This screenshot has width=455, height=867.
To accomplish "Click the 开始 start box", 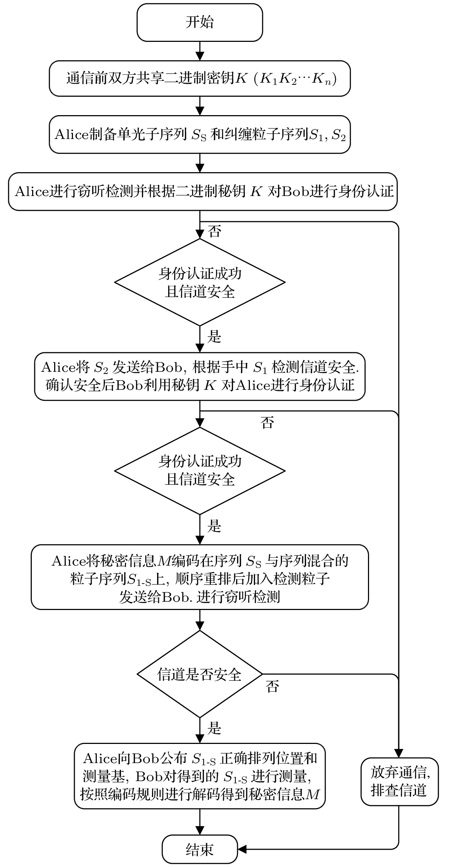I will pos(200,22).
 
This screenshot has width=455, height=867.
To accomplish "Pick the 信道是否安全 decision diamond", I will pos(200,674).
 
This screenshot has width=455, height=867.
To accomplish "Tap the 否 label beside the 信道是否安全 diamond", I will pos(273,686).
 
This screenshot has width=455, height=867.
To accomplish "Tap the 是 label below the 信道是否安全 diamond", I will pos(214,729).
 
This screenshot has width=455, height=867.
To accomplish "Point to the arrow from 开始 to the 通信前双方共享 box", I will pos(200,51).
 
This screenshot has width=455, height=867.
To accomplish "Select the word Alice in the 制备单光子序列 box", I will pos(71,135).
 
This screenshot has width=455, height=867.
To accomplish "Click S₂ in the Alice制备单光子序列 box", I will pos(338,135).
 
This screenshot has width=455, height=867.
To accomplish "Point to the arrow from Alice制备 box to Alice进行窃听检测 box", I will pos(200,163).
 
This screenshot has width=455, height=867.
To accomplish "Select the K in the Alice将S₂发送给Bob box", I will pos(210,385).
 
